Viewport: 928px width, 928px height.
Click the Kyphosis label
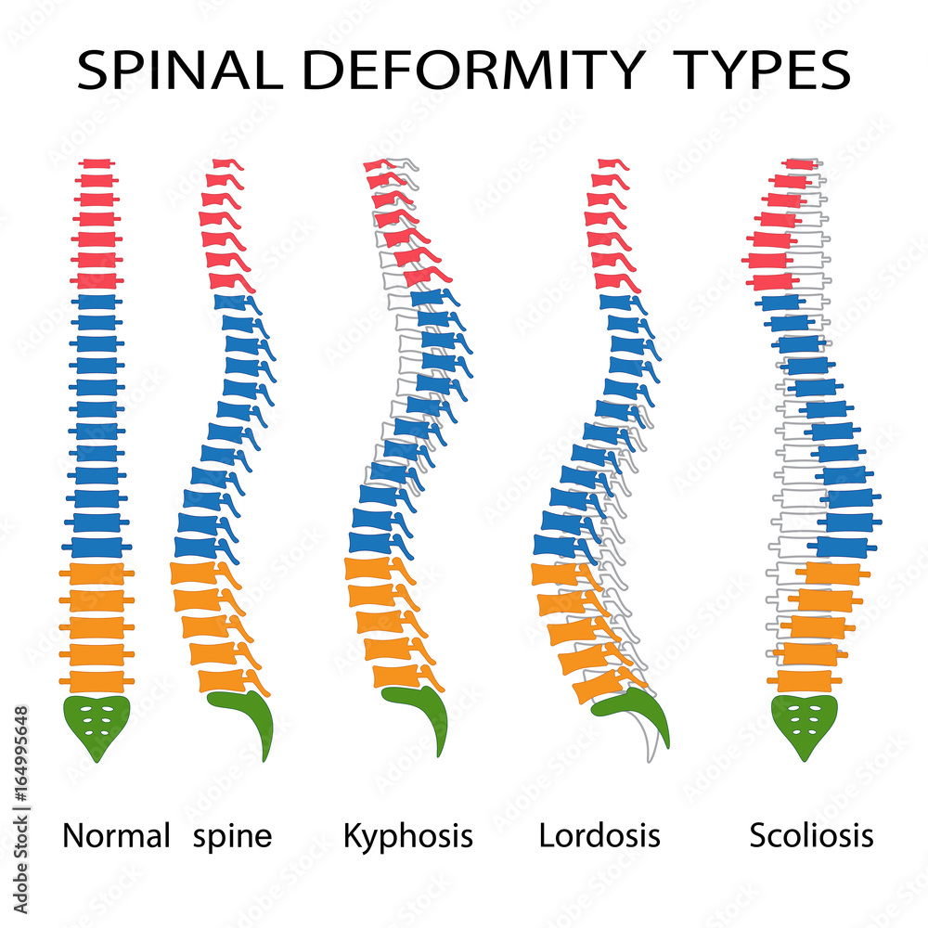407,836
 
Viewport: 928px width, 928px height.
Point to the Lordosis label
599,835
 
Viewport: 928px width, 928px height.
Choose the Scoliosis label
811,835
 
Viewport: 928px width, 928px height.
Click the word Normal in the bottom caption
116,835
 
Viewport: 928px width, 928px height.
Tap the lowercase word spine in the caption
233,836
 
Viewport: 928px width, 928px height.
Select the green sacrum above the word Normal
96,720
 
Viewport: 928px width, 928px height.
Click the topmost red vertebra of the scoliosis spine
798,164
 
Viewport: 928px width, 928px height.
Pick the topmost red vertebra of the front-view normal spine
97,164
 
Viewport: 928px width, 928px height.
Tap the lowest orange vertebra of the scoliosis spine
804,681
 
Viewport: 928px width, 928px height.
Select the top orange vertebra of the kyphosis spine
369,568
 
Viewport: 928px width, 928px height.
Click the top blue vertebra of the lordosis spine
615,302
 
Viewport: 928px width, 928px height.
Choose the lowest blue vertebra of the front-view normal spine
97,548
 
